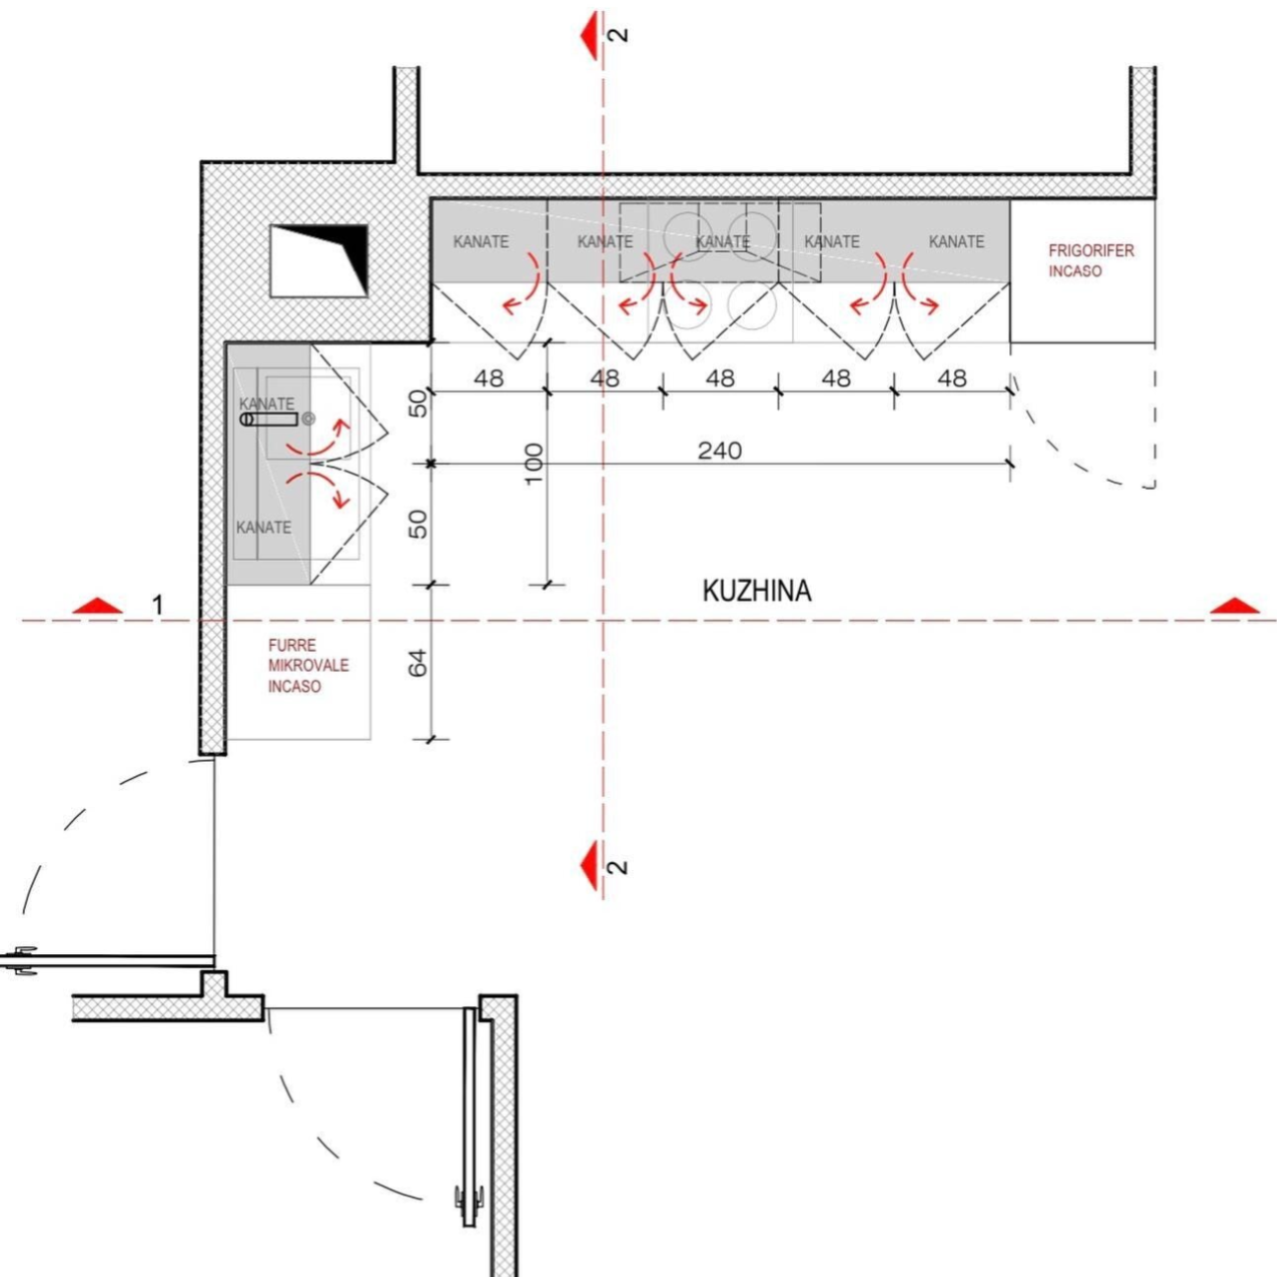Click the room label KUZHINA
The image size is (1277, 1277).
(757, 591)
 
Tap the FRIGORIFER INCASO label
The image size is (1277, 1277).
(1090, 261)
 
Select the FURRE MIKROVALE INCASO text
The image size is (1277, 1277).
(307, 666)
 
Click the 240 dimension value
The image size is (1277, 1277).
(719, 451)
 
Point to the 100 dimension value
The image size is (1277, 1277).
(532, 463)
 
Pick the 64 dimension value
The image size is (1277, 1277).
(419, 662)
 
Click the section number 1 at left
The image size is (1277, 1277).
(158, 604)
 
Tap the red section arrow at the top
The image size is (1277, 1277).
(591, 35)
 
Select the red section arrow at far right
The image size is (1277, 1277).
(1235, 605)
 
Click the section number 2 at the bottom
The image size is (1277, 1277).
(617, 868)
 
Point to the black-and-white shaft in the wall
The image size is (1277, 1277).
(319, 260)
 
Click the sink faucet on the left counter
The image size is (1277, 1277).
(269, 420)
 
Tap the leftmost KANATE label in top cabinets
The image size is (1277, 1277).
(481, 241)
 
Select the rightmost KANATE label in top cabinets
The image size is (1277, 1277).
(956, 241)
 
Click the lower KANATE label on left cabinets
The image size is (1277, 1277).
(264, 527)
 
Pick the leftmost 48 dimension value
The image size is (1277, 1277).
(489, 378)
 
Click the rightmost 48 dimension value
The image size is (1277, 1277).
(951, 378)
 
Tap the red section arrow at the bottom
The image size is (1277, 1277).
(591, 866)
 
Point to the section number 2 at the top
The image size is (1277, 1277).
(617, 35)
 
